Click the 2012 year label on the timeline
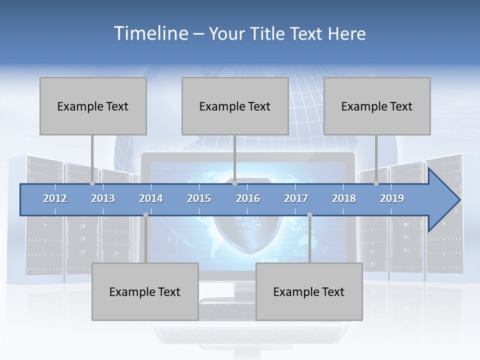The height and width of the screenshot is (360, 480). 55,198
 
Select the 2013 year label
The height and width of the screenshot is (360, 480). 103,198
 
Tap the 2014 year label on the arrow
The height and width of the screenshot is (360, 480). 151,198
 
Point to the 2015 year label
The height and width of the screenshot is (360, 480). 199,198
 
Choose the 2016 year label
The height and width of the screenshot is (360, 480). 248,198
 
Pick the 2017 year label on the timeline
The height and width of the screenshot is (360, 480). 296,198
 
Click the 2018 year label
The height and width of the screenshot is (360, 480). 344,198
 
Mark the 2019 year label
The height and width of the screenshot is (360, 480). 392,198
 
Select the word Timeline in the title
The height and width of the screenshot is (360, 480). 150,33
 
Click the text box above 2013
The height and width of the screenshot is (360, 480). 93,106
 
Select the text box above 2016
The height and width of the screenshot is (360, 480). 235,106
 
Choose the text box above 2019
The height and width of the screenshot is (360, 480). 377,106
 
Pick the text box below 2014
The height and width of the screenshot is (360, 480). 145,291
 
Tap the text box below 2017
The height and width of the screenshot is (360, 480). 309,291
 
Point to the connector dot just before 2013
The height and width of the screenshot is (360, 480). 92,183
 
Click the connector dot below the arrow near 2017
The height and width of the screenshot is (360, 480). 309,215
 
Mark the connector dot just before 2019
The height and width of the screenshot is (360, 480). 376,183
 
